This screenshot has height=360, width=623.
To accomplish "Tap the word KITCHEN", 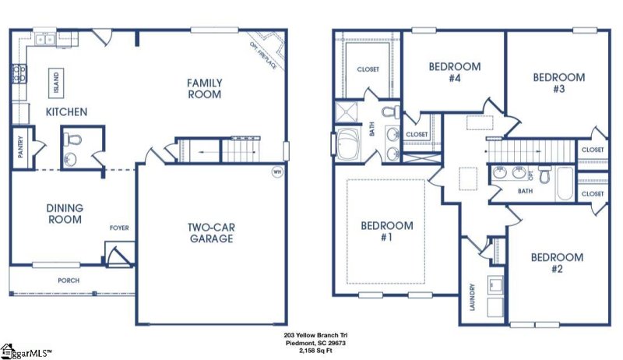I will pos(66,112).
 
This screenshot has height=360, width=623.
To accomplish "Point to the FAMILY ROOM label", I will pos(205,89).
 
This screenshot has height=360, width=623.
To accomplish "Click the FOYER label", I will pos(119,228).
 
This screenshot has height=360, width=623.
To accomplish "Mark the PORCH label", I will pos(69,281).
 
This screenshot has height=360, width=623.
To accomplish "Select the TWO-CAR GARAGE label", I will pos(209,233).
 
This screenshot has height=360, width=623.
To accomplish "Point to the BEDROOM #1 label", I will pos(387,231).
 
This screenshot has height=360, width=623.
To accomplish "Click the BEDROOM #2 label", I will pos(557,263).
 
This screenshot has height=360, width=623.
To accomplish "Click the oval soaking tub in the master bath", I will pos(346,145).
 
